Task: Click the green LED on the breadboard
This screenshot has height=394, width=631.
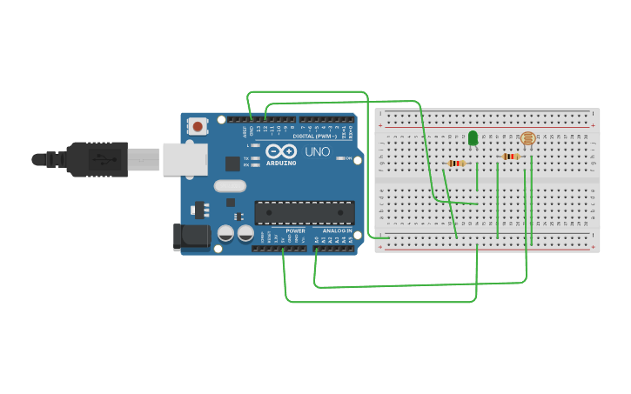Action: (x=473, y=137)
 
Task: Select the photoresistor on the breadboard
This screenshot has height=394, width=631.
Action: (x=527, y=138)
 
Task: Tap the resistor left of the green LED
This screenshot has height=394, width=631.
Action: (x=456, y=163)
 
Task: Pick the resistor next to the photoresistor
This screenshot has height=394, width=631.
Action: (x=511, y=157)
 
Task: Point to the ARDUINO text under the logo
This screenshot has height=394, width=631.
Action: (x=281, y=163)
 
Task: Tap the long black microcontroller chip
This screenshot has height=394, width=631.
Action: (x=304, y=212)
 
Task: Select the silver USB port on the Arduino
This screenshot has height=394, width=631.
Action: (x=185, y=159)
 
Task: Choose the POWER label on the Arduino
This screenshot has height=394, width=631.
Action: (x=295, y=230)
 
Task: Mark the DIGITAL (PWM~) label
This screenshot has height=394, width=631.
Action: (x=315, y=136)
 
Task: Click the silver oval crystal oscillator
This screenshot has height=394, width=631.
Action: (x=230, y=185)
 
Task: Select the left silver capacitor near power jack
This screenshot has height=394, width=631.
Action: (x=225, y=233)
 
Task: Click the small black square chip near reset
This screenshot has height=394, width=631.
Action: (x=232, y=163)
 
